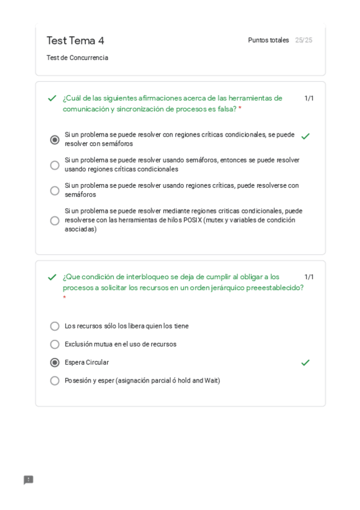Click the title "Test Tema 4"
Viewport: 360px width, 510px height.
point(75,40)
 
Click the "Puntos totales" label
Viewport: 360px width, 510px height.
point(268,40)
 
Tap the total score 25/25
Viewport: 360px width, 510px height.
point(304,40)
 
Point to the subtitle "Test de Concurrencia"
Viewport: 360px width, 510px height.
point(77,58)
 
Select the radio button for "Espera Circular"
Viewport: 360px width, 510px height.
point(55,363)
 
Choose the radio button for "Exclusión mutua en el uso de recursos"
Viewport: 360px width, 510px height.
point(55,345)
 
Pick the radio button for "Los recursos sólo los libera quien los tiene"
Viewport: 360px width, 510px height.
point(55,326)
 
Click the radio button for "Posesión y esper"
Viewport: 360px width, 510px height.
point(55,381)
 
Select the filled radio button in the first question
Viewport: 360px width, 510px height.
point(55,140)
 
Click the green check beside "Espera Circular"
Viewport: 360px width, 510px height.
point(305,363)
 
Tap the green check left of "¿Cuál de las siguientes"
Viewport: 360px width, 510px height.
point(52,98)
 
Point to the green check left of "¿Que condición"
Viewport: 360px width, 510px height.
point(52,277)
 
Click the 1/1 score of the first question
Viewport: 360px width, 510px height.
point(309,98)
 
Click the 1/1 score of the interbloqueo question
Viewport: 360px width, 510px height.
point(309,277)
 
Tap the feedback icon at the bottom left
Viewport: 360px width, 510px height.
point(28,480)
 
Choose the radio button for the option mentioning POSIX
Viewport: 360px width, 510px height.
point(55,220)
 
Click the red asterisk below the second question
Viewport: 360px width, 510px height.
point(64,298)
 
